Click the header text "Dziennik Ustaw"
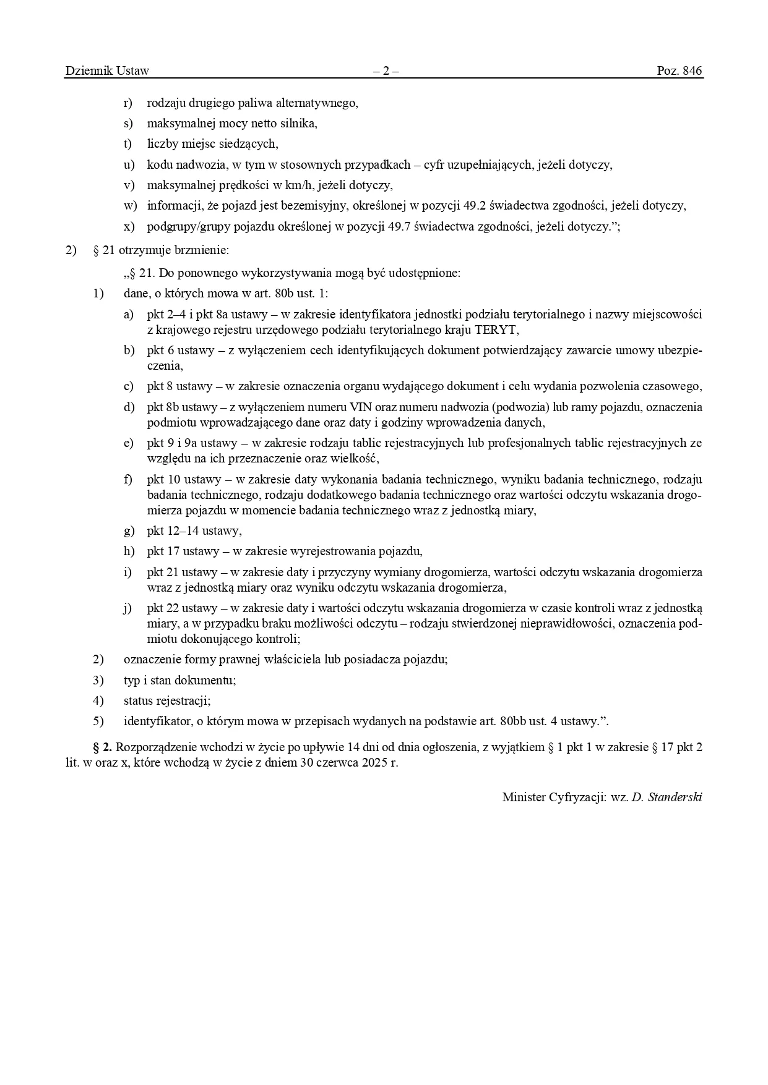[x=107, y=70]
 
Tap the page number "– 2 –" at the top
[x=385, y=70]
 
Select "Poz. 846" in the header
[x=680, y=70]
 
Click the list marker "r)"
[x=128, y=103]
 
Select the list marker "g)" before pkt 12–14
[x=129, y=530]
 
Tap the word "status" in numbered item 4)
[x=137, y=700]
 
